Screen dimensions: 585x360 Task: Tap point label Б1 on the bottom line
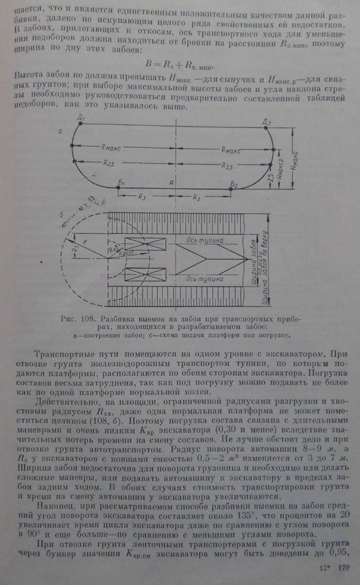coord(121,184)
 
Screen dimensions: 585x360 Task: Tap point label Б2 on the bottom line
coord(234,184)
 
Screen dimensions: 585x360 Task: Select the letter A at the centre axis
coord(171,183)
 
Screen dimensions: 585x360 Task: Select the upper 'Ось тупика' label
coord(205,240)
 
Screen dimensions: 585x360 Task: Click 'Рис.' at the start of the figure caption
coord(69,319)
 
